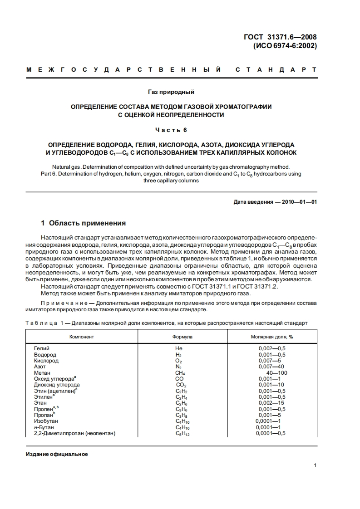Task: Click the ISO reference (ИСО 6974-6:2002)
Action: click(x=285, y=45)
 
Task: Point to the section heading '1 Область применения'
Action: click(x=84, y=223)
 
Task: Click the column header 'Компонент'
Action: click(x=82, y=337)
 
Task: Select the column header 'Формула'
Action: click(x=182, y=337)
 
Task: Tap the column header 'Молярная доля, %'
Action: click(x=272, y=337)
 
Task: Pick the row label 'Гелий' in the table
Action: click(x=42, y=348)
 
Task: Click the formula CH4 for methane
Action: click(x=180, y=373)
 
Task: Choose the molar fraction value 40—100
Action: click(x=276, y=373)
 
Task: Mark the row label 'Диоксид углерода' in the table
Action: click(x=57, y=385)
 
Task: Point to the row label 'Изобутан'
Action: click(x=46, y=421)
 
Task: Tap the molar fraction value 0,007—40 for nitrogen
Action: click(x=272, y=367)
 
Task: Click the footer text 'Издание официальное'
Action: click(x=57, y=454)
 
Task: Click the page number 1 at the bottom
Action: click(x=315, y=465)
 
